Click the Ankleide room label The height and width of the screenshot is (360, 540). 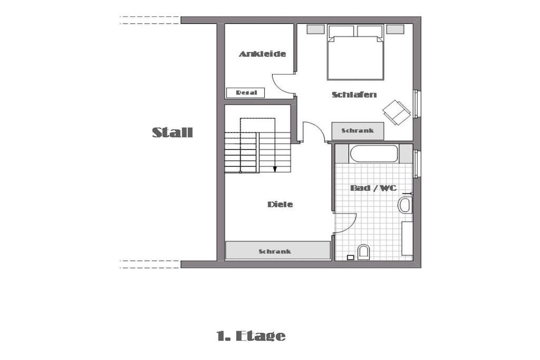(x=263, y=54)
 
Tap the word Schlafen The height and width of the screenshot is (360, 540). (x=354, y=95)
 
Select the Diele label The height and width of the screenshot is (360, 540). (x=280, y=205)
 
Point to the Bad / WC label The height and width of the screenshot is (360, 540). (x=373, y=188)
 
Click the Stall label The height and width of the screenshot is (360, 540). (x=172, y=132)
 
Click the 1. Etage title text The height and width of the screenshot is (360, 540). (x=251, y=336)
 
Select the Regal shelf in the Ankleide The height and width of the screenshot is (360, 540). (x=246, y=93)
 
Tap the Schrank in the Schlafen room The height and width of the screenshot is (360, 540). (x=358, y=131)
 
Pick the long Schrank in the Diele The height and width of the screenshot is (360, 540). (x=277, y=250)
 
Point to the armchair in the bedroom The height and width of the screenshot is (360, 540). (x=397, y=112)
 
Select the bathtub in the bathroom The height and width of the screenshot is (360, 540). (x=374, y=153)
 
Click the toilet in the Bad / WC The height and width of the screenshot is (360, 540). (x=363, y=252)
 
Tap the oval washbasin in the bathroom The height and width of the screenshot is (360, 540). (x=405, y=205)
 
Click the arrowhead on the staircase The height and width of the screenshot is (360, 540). (x=275, y=169)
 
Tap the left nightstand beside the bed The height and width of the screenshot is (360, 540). (x=316, y=30)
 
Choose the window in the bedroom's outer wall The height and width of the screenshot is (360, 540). (x=416, y=104)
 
